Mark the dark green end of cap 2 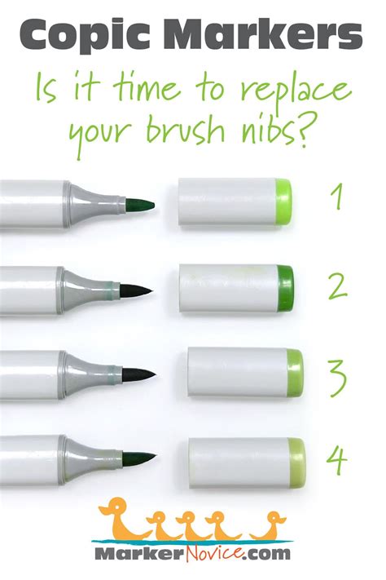[x=286, y=286]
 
